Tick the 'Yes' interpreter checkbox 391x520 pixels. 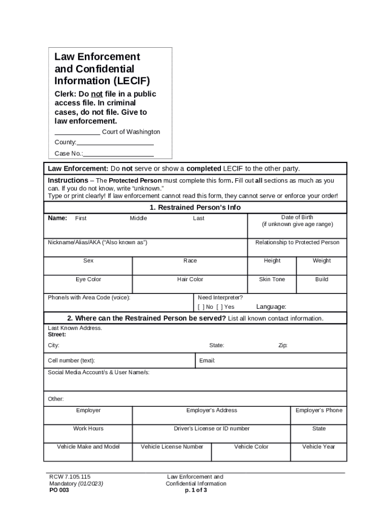pos(219,307)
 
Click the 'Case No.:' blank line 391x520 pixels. pos(119,154)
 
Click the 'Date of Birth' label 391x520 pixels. pos(297,217)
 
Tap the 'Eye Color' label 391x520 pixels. pos(88,279)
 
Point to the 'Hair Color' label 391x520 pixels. pos(190,279)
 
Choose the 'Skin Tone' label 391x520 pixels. pos(272,279)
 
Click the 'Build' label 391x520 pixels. pos(321,279)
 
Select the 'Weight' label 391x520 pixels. pos(321,261)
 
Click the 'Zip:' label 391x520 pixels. pos(283,345)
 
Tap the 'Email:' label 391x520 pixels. pos(207,361)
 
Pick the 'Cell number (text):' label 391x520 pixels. pos(71,361)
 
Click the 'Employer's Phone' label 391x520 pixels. pos(319,410)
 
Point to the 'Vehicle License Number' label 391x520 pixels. pos(172,447)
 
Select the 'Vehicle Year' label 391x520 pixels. pos(319,447)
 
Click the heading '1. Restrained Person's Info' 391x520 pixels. pos(195,207)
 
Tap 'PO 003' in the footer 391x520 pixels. pos(59,491)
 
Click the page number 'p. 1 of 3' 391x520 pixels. pos(196,491)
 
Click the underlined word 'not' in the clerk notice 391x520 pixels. pos(97,94)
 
